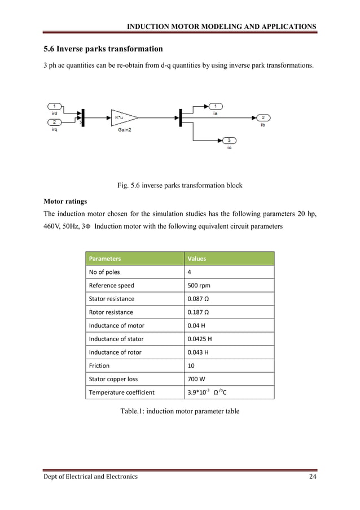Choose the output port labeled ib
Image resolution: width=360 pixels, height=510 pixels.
(x=263, y=117)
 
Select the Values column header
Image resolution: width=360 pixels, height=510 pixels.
(x=197, y=259)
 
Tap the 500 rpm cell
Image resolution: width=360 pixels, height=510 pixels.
(x=199, y=285)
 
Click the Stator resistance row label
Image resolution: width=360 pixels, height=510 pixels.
(x=112, y=299)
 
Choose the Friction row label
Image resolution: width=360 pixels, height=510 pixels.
(x=99, y=365)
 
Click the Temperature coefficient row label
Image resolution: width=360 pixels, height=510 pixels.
(x=122, y=393)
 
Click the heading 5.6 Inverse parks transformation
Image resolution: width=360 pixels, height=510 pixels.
(x=103, y=49)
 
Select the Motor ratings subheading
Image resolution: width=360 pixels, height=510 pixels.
(x=67, y=201)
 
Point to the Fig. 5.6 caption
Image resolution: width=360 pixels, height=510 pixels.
(x=179, y=185)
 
